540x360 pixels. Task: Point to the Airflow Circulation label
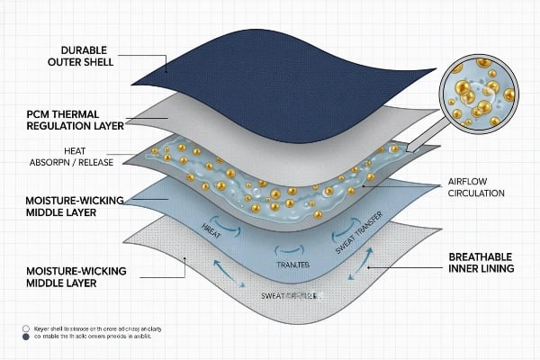click(x=476, y=186)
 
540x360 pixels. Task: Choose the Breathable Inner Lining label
click(x=481, y=262)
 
